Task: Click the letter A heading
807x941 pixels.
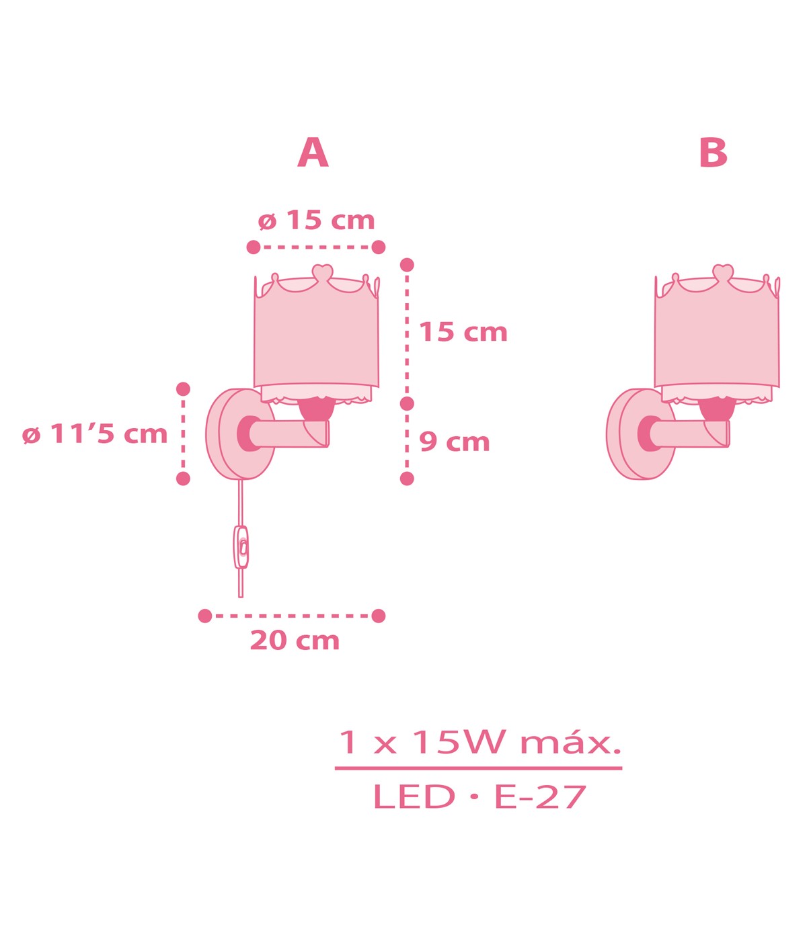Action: [313, 153]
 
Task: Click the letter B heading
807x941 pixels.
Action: [713, 153]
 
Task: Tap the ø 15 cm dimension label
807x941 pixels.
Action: [316, 220]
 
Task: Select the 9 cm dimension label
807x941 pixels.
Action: [455, 442]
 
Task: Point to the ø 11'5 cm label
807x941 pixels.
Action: [95, 434]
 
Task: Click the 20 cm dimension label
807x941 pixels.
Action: [295, 641]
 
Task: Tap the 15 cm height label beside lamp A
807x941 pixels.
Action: [463, 331]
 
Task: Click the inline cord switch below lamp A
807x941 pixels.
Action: [241, 547]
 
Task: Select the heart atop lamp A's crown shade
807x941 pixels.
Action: [322, 272]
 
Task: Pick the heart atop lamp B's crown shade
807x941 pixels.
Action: [723, 272]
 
